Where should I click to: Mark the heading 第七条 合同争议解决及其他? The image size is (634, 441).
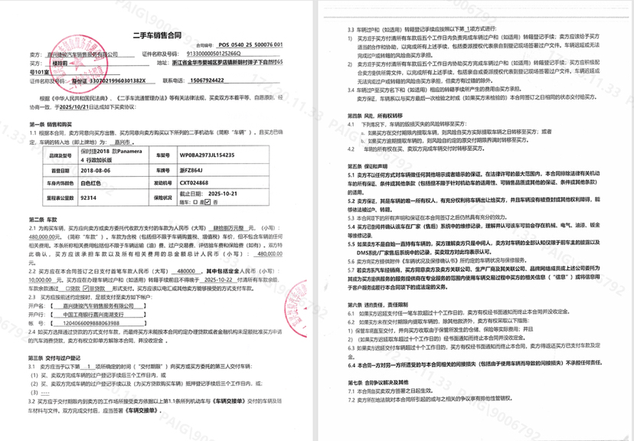point(380,381)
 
